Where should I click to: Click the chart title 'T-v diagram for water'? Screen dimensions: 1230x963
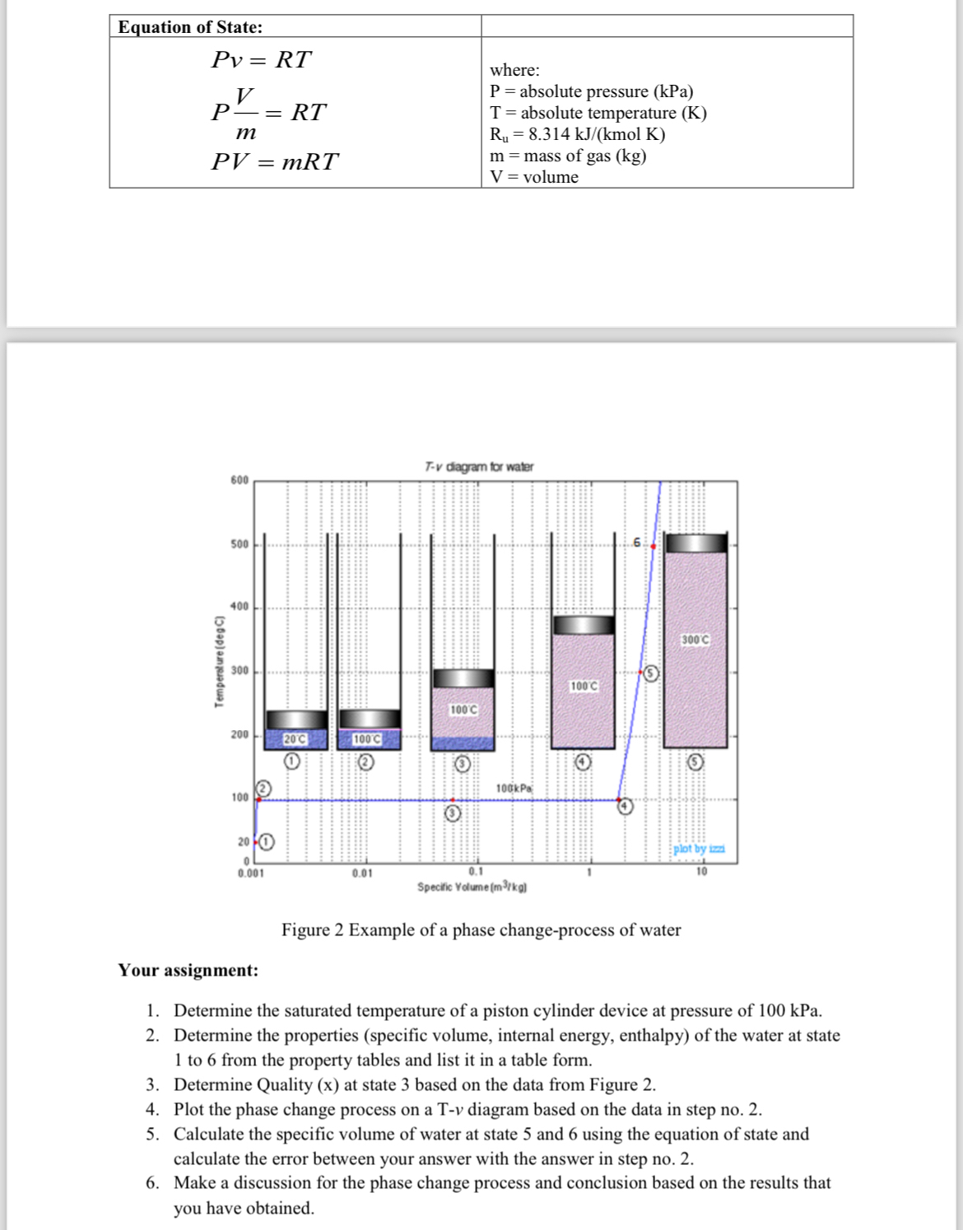(479, 467)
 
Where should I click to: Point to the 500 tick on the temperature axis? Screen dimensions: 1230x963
(239, 544)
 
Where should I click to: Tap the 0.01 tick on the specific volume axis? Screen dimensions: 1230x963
(362, 873)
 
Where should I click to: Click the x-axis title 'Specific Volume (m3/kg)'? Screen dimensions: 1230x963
(472, 887)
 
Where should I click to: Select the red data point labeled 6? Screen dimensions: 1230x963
(654, 546)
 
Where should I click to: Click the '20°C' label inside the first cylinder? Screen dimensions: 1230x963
(295, 739)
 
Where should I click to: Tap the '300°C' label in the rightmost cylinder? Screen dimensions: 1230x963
(695, 640)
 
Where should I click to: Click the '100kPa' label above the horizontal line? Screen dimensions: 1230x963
(514, 789)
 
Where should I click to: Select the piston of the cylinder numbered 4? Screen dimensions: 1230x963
(583, 625)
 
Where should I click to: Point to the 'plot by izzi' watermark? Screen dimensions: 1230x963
(699, 849)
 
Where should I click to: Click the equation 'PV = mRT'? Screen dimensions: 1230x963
(274, 161)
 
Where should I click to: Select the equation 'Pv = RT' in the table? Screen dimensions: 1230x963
(262, 60)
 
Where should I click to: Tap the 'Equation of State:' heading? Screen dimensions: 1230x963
(190, 27)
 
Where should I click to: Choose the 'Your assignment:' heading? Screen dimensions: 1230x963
(188, 970)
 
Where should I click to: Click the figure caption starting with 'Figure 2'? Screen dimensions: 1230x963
(481, 929)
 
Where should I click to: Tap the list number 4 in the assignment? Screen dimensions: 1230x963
(152, 1109)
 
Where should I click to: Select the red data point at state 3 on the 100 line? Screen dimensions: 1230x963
(453, 799)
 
